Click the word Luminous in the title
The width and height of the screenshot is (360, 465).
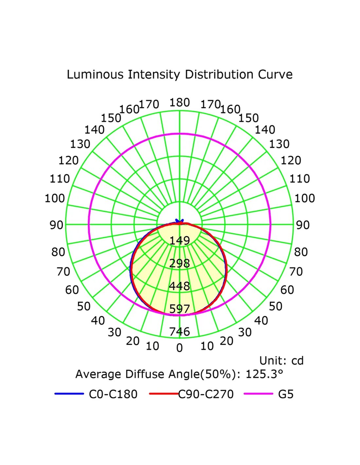pos(95,75)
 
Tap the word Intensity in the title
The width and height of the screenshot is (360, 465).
pos(154,75)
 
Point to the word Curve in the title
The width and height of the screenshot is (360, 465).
pos(275,75)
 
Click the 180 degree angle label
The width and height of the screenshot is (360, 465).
pos(179,103)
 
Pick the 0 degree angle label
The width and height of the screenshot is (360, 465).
pos(179,348)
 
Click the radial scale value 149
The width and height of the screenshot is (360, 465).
pos(179,241)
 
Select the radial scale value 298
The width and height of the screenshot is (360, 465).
pos(179,263)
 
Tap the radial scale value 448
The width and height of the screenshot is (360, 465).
pos(179,286)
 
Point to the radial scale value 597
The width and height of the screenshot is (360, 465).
pos(179,309)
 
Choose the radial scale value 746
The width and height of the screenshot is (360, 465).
pos(179,332)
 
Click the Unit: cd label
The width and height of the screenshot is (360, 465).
pos(281,361)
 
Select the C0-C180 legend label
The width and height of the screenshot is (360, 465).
pos(113,394)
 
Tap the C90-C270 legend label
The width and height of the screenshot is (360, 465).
pos(206,394)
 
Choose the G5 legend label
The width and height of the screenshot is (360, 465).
pos(286,394)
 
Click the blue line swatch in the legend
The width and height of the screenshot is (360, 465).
pos(69,394)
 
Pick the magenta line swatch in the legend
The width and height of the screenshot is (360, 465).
pos(258,394)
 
